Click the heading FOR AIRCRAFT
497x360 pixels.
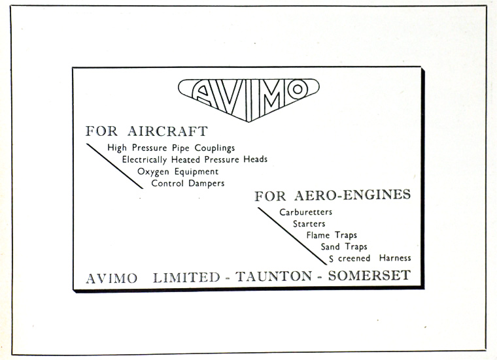click(146, 131)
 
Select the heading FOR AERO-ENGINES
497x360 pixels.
click(332, 195)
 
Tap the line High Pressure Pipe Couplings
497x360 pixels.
click(171, 148)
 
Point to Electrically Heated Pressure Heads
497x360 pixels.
click(194, 159)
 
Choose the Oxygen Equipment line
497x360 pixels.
click(178, 171)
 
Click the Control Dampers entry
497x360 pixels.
click(188, 184)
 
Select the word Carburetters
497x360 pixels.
click(305, 212)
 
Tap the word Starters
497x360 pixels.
click(309, 224)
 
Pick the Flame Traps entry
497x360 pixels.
click(332, 235)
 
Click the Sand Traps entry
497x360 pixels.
click(343, 247)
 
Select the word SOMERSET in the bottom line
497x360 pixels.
click(369, 276)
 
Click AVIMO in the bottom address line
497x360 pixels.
click(112, 278)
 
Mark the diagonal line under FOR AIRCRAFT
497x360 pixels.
click(114, 166)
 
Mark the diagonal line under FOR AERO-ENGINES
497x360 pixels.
click(292, 235)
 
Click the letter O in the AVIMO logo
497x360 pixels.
click(298, 90)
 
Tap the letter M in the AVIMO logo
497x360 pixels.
click(269, 96)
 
